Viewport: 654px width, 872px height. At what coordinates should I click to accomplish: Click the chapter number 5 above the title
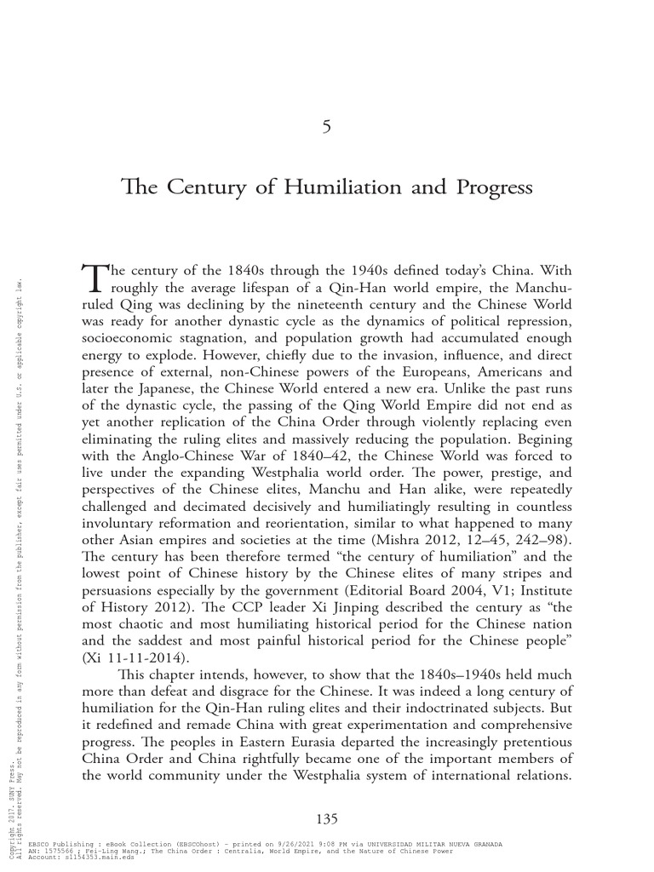[x=327, y=127]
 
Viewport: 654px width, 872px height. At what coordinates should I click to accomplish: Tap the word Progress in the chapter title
[x=493, y=187]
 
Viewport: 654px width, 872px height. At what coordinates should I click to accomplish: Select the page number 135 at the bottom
[x=327, y=819]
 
